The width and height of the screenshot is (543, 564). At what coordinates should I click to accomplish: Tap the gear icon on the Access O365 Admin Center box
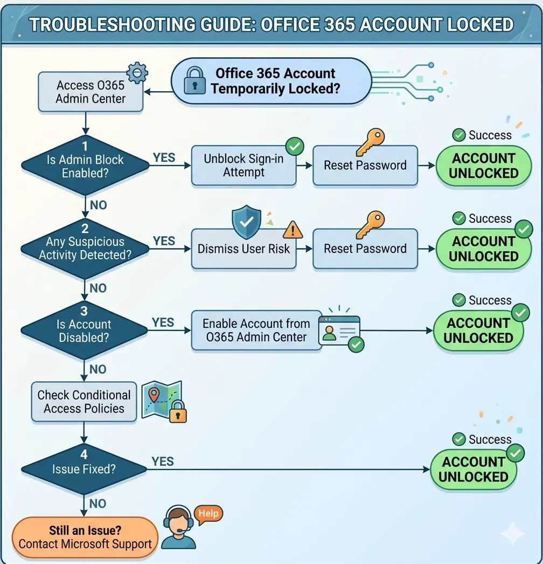[137, 73]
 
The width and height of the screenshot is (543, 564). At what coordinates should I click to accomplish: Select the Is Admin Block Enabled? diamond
[85, 166]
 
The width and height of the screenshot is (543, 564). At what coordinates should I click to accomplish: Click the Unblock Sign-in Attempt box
[243, 166]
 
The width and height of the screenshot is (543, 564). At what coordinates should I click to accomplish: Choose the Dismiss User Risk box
[243, 249]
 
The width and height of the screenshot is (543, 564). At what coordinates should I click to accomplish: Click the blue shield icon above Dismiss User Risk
[246, 221]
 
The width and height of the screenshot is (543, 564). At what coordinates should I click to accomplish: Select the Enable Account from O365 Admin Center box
[256, 331]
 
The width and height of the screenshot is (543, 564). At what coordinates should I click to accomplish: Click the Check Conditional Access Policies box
[84, 402]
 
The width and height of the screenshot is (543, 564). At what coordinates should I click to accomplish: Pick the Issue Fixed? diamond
[84, 469]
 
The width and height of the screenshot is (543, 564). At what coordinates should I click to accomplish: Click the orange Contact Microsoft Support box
[85, 537]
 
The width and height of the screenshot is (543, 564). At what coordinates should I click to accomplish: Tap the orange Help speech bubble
[207, 514]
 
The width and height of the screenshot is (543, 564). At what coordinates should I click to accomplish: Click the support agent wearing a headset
[179, 527]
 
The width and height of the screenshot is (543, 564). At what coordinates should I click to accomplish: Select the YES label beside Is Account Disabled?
[163, 322]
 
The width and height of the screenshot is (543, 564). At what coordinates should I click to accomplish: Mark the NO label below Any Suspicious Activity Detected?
[98, 288]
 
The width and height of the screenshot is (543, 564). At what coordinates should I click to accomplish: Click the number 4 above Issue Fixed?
[84, 455]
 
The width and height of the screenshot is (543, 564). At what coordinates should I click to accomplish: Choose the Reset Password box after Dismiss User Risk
[365, 249]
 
